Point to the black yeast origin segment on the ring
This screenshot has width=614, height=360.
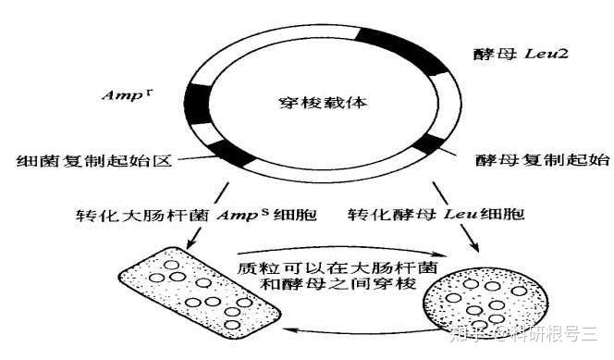427,143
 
